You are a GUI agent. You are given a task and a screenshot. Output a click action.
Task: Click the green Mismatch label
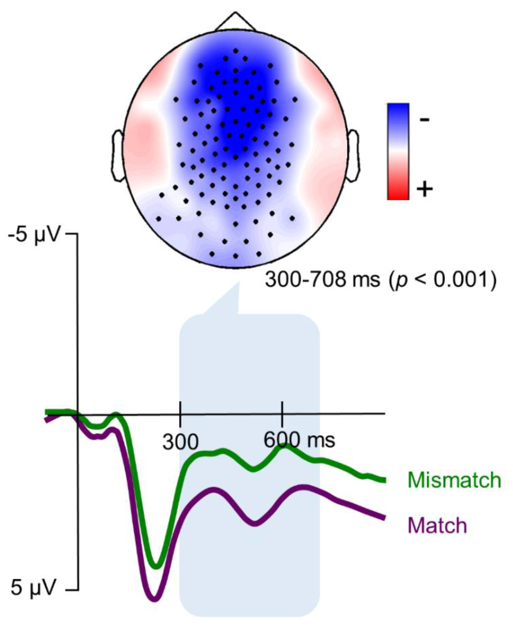[x=455, y=480]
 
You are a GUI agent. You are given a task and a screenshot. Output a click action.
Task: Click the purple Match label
[x=437, y=526]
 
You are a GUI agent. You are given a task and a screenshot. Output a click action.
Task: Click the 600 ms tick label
[x=299, y=440]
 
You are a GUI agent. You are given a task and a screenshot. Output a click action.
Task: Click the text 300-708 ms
[x=322, y=279]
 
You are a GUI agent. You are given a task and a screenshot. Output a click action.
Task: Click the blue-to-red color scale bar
[x=398, y=151]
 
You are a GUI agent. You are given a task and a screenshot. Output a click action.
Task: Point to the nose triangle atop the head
[x=235, y=22]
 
